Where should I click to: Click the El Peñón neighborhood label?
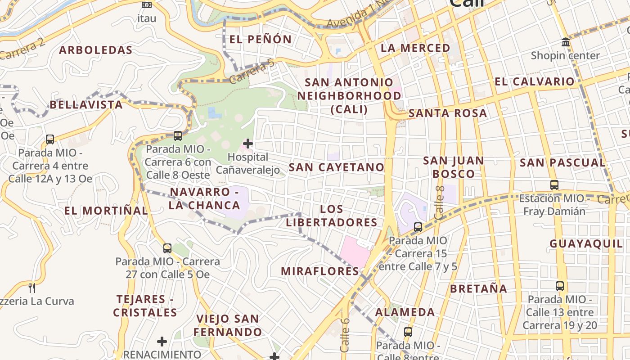[x=261, y=39]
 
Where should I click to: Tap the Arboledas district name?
[x=96, y=50]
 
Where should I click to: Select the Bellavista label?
[x=86, y=105]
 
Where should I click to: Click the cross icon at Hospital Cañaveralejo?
[x=248, y=144]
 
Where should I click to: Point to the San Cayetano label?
[x=337, y=167]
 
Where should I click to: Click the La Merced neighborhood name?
[x=415, y=48]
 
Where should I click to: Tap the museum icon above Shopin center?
[x=566, y=42]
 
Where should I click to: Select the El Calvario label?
[x=535, y=81]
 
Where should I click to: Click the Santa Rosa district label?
[x=448, y=113]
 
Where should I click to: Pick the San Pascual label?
[x=562, y=163]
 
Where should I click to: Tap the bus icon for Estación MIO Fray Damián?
[x=554, y=184]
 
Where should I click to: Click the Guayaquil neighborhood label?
[x=586, y=244]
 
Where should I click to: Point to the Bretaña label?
[x=479, y=288]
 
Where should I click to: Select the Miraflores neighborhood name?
[x=320, y=271]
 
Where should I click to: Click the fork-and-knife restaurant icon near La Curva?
[x=32, y=288]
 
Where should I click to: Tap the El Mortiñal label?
[x=106, y=211]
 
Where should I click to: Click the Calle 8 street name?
[x=440, y=202]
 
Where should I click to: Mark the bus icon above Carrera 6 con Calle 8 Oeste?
[x=178, y=135]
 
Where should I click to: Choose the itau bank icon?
[x=147, y=5]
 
